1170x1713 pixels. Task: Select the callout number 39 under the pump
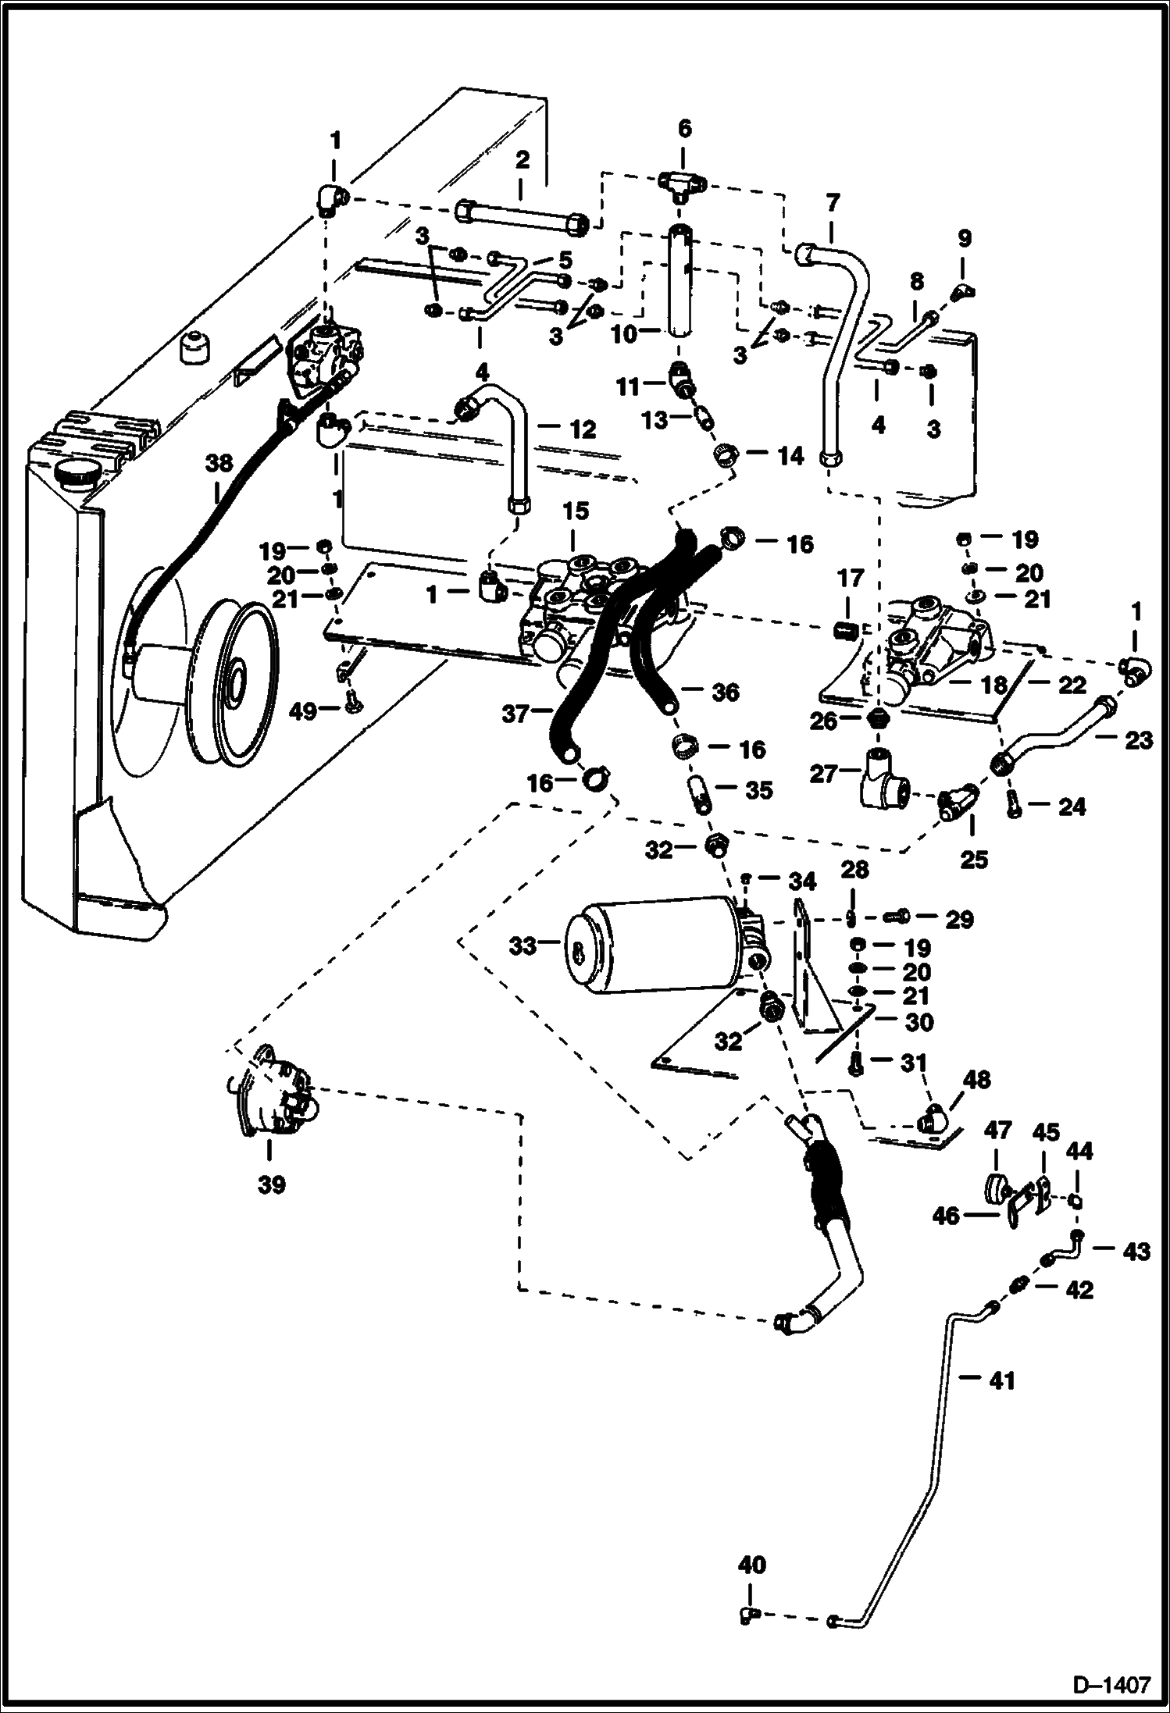pyautogui.click(x=271, y=1185)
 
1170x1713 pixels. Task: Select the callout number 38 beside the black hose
pyautogui.click(x=219, y=463)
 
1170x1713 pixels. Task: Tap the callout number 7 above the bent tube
pyautogui.click(x=832, y=205)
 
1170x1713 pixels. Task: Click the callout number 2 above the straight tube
pyautogui.click(x=522, y=160)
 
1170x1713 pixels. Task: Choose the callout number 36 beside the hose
pyautogui.click(x=725, y=692)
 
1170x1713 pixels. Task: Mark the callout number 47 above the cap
pyautogui.click(x=997, y=1130)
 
